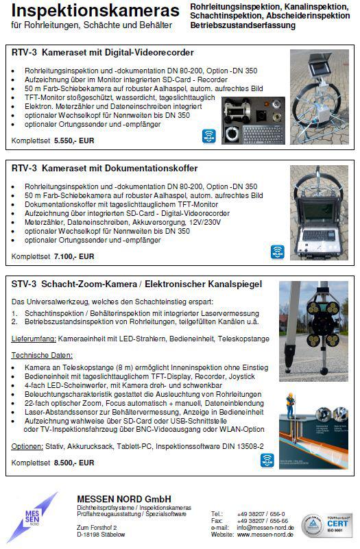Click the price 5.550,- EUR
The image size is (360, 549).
pos(74,141)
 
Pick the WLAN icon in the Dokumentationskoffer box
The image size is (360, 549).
pos(277,252)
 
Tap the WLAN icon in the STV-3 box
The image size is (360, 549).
pos(267,460)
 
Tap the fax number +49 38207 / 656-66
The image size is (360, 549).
pos(263,520)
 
